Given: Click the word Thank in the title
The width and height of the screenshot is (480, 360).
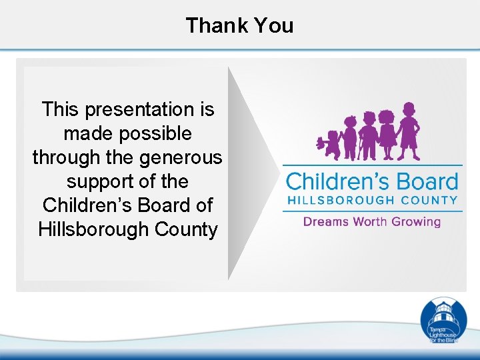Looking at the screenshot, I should coord(213,25).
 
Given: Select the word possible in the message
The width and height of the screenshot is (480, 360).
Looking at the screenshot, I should coord(158,133).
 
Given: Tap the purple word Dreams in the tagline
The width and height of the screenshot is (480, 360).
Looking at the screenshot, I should coord(326,221).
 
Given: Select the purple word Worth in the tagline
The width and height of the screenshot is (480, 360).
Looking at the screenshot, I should coord(371,221).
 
